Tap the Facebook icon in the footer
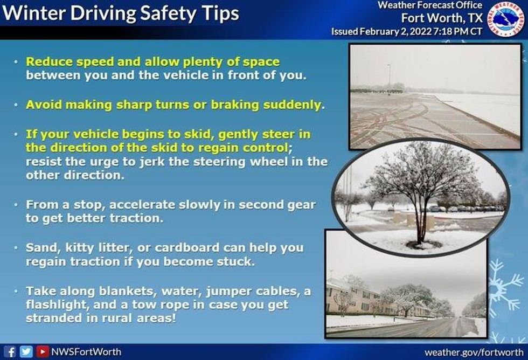12,352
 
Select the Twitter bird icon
26,352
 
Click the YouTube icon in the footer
41,352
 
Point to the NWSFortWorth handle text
86,352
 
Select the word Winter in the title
35,13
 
